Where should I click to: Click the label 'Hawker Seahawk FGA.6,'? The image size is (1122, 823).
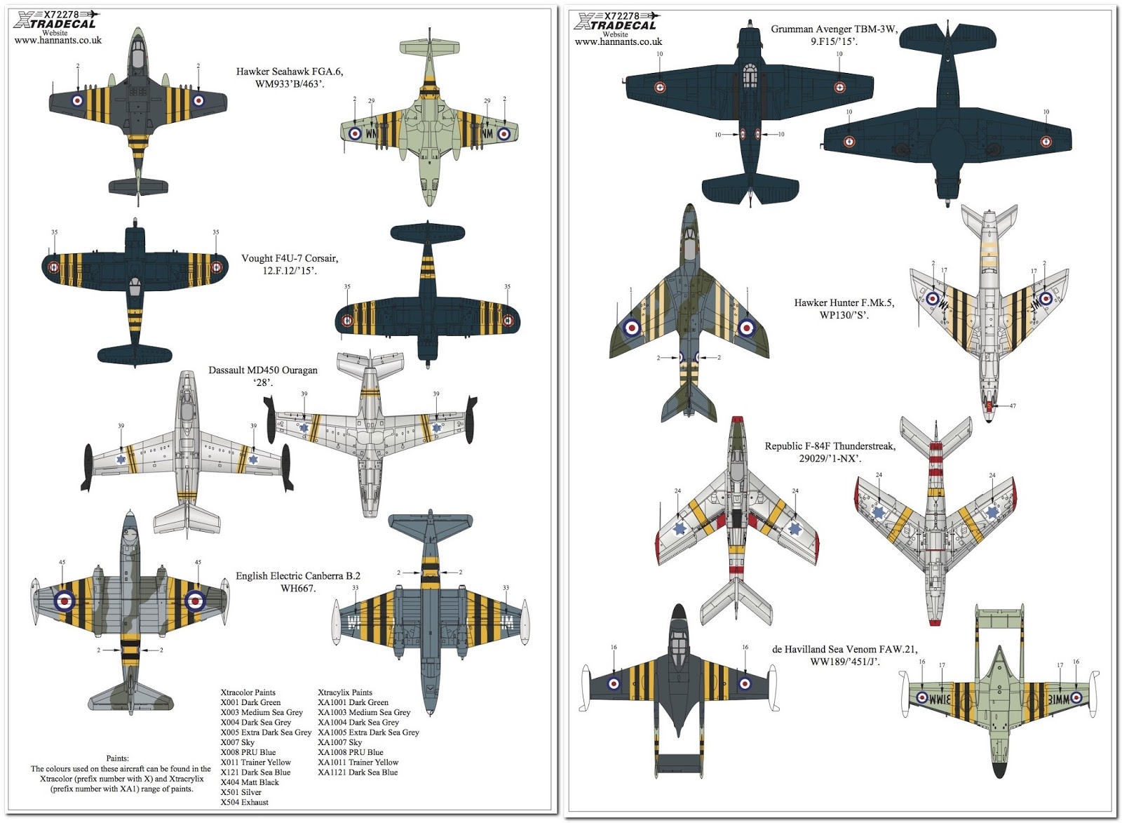pos(289,72)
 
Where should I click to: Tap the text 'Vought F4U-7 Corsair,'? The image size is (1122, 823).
pos(289,258)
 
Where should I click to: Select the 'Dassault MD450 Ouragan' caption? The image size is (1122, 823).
pos(263,370)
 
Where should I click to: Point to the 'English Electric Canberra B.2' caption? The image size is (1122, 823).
pos(298,576)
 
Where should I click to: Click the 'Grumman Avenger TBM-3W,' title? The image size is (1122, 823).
pos(834,29)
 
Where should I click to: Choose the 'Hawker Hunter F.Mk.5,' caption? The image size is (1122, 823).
pos(844,303)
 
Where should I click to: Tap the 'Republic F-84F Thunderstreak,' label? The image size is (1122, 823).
pos(830,446)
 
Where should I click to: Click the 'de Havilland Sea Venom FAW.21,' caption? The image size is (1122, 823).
pos(844,650)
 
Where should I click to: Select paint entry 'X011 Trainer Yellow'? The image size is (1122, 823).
pos(255,763)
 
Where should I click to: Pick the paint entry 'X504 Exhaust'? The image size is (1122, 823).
pos(244,803)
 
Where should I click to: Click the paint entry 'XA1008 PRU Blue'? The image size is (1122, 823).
pos(351,752)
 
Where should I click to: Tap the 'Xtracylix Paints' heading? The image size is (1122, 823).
pos(345,692)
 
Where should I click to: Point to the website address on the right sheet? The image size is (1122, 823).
pos(618,42)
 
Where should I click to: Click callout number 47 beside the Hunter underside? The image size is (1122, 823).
pos(1013,406)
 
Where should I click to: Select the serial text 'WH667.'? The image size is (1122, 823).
pos(298,589)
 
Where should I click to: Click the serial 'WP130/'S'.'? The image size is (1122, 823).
pos(844,315)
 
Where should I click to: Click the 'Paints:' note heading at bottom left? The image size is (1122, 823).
pos(117,758)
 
